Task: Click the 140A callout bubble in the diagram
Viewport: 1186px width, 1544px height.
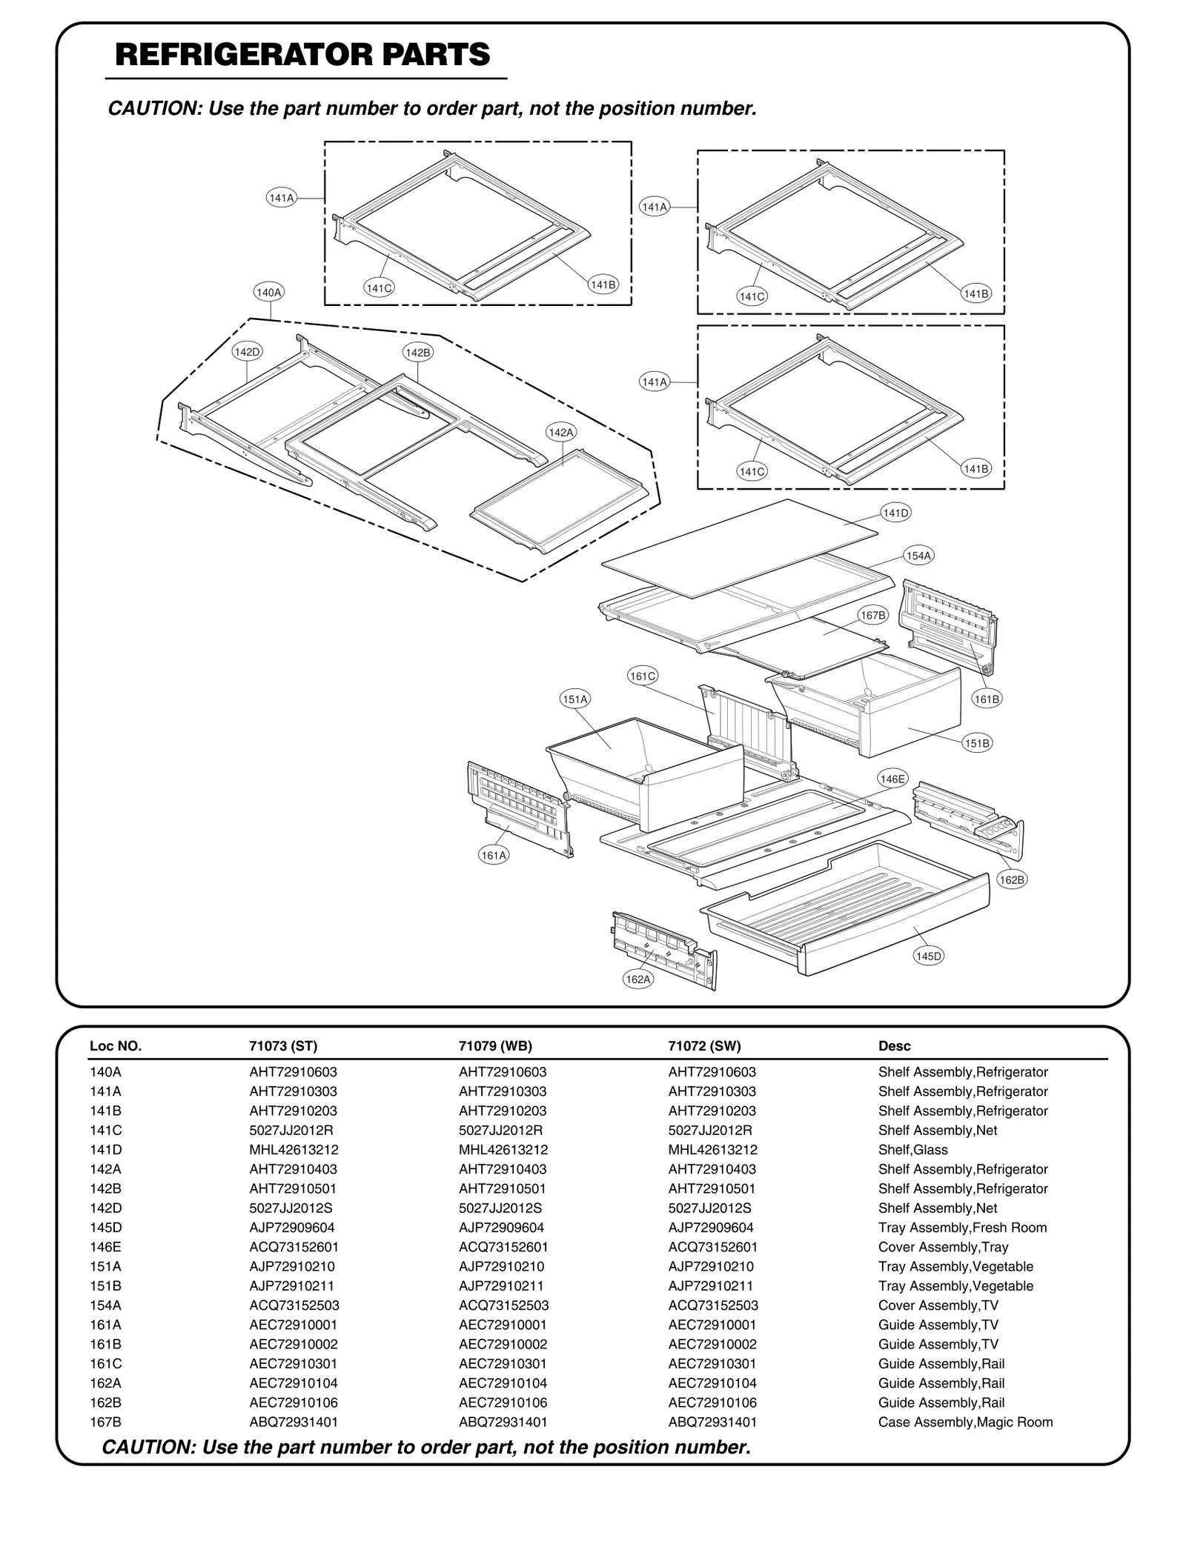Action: [268, 293]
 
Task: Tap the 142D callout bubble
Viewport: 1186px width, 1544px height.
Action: [247, 352]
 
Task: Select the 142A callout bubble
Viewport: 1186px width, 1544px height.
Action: [560, 432]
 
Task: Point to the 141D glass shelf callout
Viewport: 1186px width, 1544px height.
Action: [895, 513]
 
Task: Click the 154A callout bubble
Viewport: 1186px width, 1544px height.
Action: [919, 556]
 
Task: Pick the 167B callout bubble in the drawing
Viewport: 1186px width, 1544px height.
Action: [873, 615]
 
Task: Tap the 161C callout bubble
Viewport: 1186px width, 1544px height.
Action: [642, 676]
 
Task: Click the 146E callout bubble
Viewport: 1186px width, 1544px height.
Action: [892, 779]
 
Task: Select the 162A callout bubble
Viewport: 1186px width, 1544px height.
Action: [638, 979]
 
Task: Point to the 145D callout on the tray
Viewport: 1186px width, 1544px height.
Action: [928, 956]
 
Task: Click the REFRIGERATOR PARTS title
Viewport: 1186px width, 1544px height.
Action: [302, 56]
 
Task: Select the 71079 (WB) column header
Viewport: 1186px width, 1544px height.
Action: [495, 1046]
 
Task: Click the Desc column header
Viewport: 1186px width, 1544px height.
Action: [894, 1046]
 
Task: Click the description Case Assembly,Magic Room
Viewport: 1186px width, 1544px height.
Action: [965, 1422]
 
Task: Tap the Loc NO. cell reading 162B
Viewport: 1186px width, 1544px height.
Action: [105, 1402]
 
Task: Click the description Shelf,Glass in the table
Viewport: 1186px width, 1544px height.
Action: [912, 1150]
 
